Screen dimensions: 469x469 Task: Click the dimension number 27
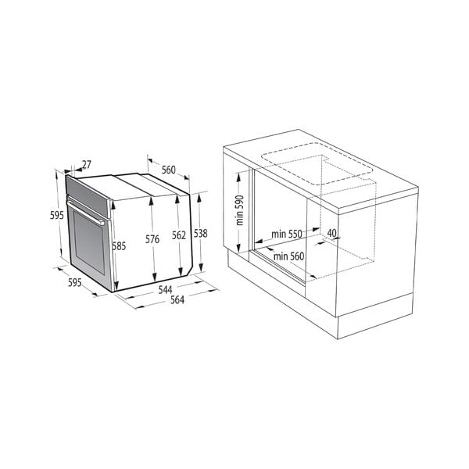coord(86,165)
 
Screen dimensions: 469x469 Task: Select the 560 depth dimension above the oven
coord(168,170)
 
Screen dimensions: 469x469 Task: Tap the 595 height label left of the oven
coord(56,214)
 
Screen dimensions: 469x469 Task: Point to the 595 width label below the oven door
coord(74,282)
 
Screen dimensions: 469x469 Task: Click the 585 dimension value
coord(119,245)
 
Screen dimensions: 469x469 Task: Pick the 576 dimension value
coord(152,238)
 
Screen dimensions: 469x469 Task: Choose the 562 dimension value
coord(179,234)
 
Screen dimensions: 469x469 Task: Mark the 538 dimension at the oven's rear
coord(201,233)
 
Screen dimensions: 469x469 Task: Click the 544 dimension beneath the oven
coord(165,290)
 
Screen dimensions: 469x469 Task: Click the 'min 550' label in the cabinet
coord(286,234)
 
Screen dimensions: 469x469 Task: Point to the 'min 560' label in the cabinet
coord(288,256)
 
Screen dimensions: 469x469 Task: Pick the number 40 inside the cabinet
coord(331,233)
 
